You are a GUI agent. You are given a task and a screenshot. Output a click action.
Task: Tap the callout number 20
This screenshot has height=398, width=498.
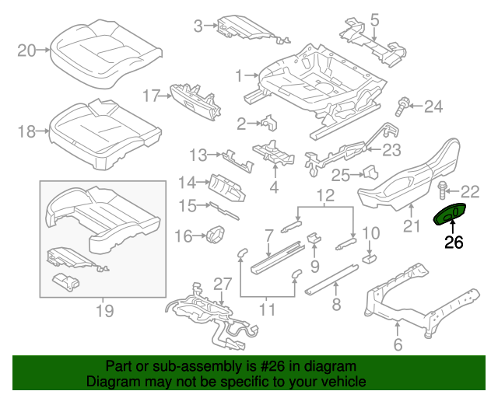(x=27, y=51)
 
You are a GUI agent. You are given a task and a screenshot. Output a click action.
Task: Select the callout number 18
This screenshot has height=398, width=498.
(x=26, y=131)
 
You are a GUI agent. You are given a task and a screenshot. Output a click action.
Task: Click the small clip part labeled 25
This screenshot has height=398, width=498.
(x=368, y=173)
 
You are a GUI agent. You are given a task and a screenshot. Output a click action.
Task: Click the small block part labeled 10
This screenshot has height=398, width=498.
(x=370, y=253)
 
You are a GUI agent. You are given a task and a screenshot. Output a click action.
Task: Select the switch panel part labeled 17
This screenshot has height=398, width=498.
(x=191, y=97)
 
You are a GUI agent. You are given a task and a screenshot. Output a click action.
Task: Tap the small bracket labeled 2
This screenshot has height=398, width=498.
(x=269, y=122)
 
